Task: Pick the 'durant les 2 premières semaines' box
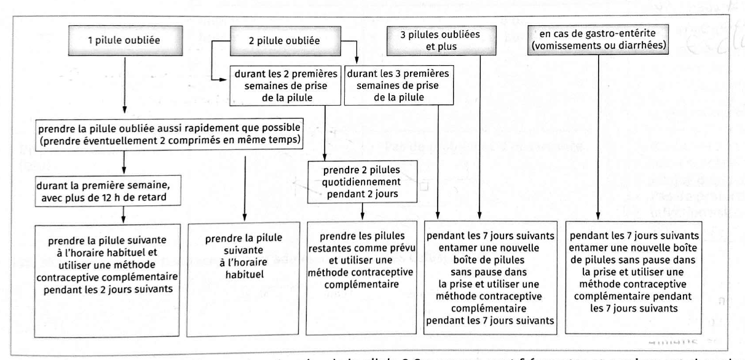tap(278, 87)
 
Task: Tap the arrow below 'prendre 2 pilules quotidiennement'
tap(362, 211)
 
